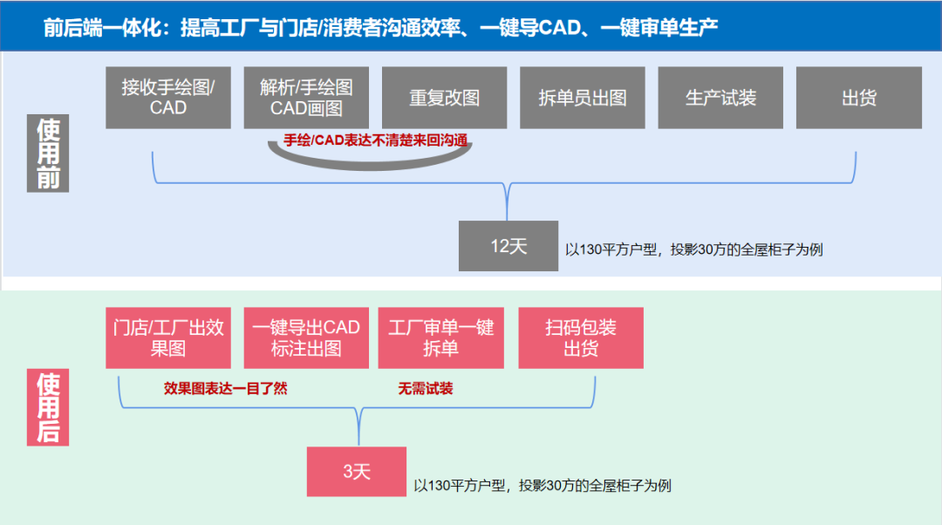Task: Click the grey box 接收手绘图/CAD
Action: click(x=168, y=97)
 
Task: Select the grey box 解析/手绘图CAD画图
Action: click(x=306, y=97)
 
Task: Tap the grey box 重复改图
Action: click(x=444, y=97)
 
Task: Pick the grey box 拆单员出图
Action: click(x=583, y=97)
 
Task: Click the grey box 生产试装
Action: click(x=720, y=97)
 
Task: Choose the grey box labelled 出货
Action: click(x=858, y=97)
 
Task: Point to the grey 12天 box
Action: click(x=509, y=246)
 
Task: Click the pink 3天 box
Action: click(x=357, y=472)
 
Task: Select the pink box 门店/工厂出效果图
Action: click(x=168, y=337)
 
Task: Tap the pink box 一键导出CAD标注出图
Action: click(x=306, y=337)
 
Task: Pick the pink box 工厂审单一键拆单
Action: click(x=440, y=337)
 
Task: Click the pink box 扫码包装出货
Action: click(x=581, y=337)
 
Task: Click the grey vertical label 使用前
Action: click(x=48, y=153)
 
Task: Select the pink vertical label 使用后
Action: click(x=48, y=407)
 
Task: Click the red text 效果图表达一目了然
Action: click(x=225, y=389)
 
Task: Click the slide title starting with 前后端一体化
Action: click(x=380, y=27)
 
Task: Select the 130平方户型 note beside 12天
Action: click(x=693, y=249)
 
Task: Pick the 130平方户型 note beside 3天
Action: click(x=542, y=486)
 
